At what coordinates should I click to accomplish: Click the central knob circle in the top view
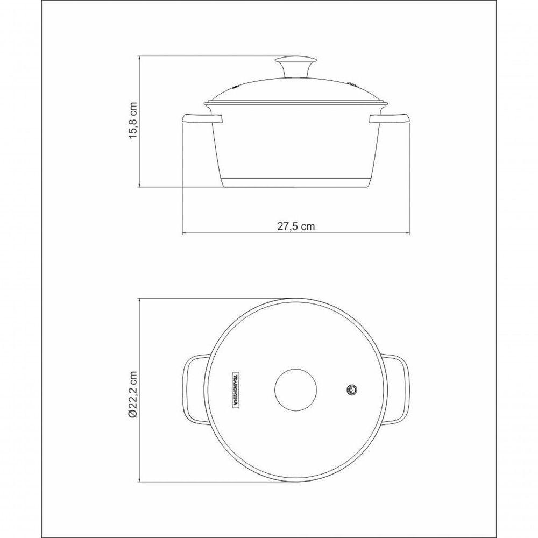295,390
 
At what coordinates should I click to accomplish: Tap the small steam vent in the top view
352,389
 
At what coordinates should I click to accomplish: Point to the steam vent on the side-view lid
352,84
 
